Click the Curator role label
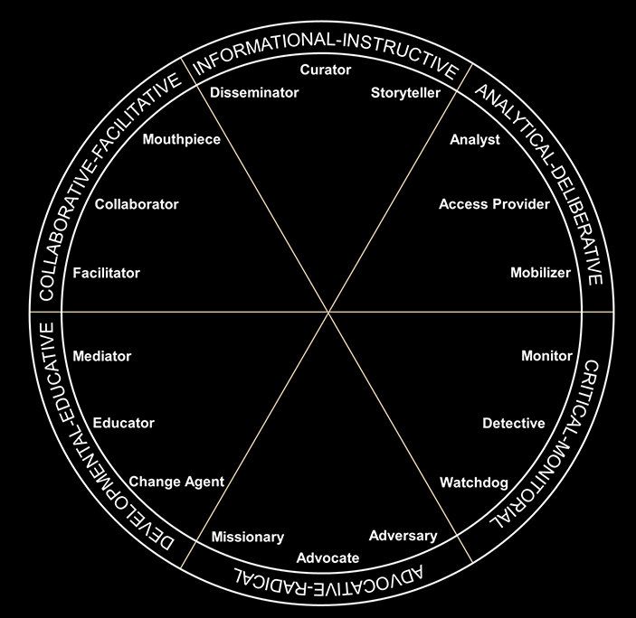325,70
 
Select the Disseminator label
254,93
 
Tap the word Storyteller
405,93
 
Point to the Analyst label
475,140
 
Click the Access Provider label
494,204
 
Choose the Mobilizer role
540,273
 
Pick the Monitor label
546,356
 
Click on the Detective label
513,423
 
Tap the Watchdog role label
474,482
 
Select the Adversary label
403,536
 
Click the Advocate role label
327,558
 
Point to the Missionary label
247,538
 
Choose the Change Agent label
176,482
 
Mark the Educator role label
124,423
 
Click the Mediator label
101,356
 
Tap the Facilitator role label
107,273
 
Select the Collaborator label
137,204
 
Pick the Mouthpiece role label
182,140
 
